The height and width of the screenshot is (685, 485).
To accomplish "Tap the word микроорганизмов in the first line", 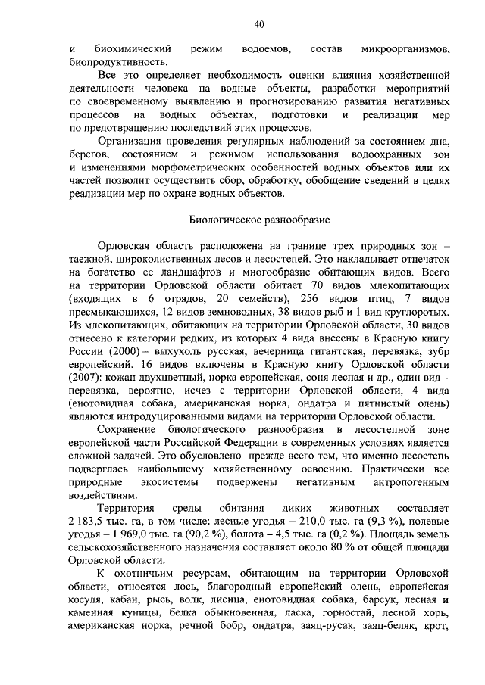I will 408,49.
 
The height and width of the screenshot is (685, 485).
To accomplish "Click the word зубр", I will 436,353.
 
